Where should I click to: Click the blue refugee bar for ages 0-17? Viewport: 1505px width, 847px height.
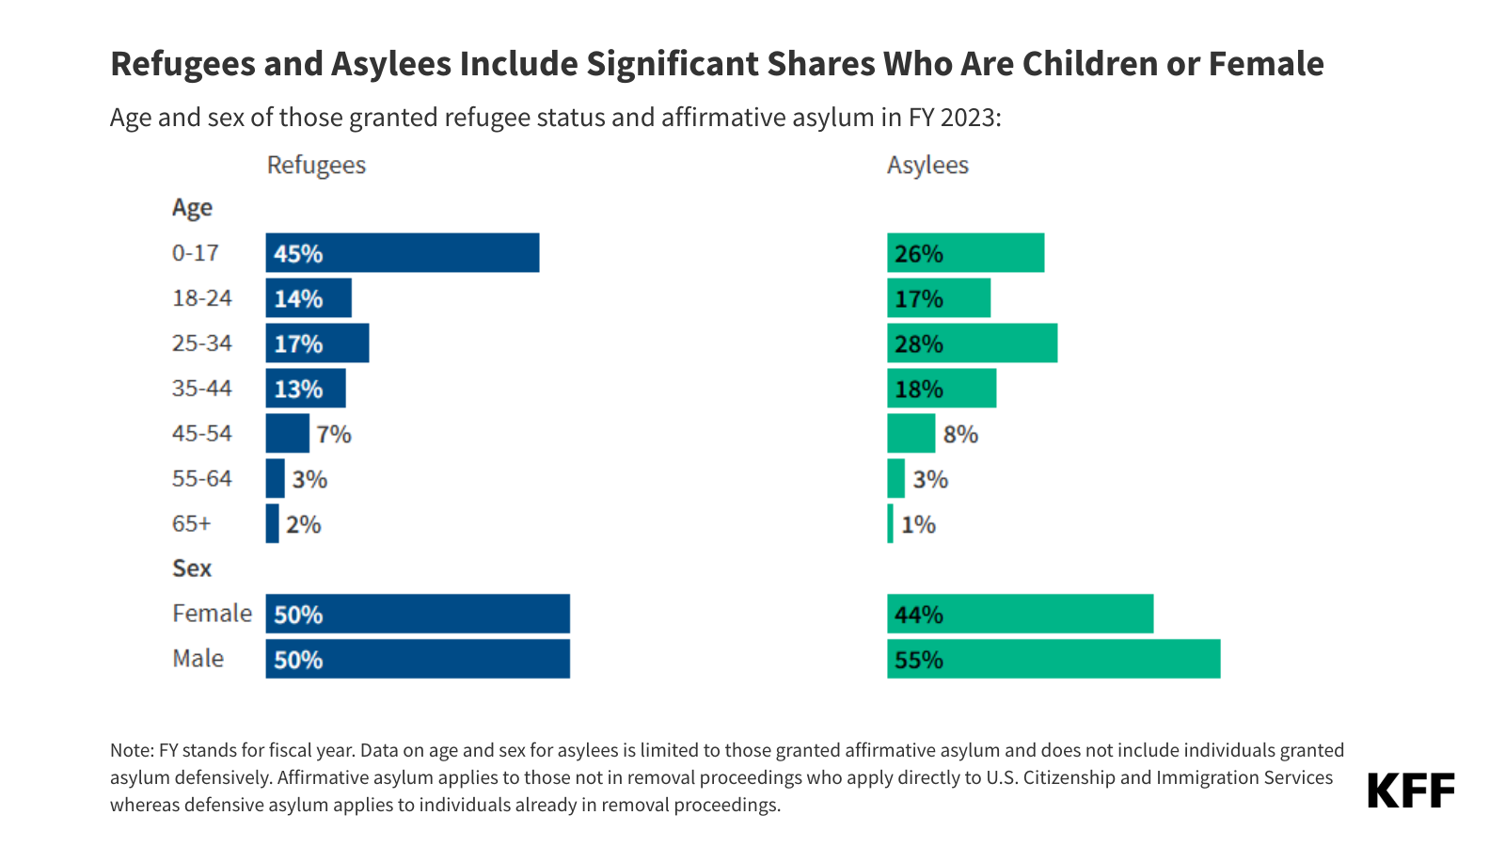point(403,253)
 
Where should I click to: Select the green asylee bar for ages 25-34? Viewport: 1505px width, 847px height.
point(972,344)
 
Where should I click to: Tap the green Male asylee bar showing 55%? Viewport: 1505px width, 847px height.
point(1053,659)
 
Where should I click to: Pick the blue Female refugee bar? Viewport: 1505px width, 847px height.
point(418,614)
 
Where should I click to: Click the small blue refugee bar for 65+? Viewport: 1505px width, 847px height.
point(273,524)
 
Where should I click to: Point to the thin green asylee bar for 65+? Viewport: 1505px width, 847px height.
point(891,524)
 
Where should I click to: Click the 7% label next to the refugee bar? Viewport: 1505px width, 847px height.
point(334,434)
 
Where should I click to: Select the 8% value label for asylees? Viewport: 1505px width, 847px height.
point(960,434)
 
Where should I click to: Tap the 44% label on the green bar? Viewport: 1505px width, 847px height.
point(919,615)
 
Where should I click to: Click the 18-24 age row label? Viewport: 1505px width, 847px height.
point(201,298)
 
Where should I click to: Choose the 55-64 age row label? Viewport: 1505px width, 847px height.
point(201,479)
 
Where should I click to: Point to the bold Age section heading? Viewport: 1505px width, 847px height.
point(192,208)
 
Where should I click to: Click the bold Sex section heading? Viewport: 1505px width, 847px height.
point(192,568)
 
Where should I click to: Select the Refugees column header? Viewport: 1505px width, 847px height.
point(316,166)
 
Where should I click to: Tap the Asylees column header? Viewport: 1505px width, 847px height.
point(927,166)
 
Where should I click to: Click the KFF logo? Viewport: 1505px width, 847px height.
point(1410,791)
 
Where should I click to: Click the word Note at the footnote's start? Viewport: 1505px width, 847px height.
point(131,750)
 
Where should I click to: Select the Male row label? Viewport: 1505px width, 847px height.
point(198,659)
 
